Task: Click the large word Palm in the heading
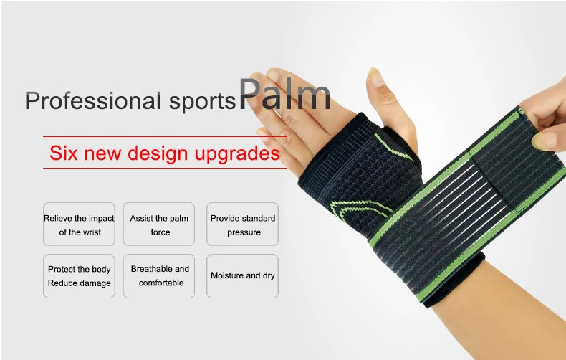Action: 284,94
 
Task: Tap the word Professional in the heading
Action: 92,100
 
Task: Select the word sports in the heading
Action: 203,102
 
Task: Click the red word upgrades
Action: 237,154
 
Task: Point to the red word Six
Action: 64,153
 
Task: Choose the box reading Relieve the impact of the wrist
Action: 79,224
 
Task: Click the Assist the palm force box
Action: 159,224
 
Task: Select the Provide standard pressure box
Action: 242,224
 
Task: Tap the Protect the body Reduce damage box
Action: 79,276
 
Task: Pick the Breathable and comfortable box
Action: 159,276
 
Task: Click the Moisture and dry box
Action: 242,276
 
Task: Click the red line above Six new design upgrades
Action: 165,137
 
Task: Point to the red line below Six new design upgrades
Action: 165,168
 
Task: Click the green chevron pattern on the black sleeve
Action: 361,209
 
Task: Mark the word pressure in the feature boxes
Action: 244,232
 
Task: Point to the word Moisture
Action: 228,275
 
